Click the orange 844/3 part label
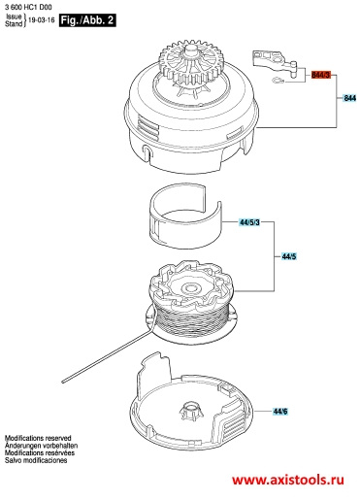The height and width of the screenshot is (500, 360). [321, 75]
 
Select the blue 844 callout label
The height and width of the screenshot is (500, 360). [349, 98]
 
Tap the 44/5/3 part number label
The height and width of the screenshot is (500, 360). [249, 222]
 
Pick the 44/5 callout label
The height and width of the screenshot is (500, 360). [289, 256]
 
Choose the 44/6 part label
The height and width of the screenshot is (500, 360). [280, 412]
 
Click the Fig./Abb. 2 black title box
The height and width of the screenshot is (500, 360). [87, 20]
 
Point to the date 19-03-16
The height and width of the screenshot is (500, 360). [42, 20]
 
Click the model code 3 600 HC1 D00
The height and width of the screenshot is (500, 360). [28, 7]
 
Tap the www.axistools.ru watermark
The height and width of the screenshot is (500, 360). [288, 480]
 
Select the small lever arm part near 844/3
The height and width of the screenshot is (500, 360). [275, 63]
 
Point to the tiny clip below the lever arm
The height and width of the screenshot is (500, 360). [278, 80]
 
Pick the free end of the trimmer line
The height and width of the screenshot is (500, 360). [63, 382]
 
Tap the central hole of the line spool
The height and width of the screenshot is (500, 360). [190, 287]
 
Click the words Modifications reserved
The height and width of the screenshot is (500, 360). [38, 438]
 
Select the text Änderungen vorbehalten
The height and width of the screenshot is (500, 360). [41, 446]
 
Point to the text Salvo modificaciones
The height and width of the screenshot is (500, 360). [36, 460]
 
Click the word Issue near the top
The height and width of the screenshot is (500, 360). [14, 17]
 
